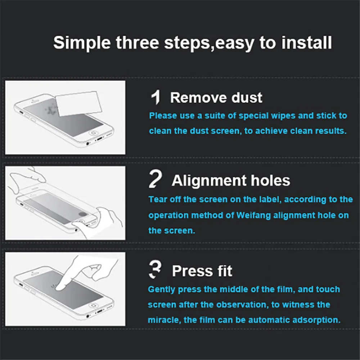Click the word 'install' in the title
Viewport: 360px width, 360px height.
(306, 43)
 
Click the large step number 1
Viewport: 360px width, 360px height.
(156, 97)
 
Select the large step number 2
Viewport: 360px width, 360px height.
(155, 179)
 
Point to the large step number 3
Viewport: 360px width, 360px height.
(155, 269)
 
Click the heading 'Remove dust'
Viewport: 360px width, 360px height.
(216, 98)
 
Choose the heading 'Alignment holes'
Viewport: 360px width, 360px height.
(231, 180)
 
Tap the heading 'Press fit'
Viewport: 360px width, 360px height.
(202, 271)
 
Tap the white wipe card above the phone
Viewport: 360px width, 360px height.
(79, 103)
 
